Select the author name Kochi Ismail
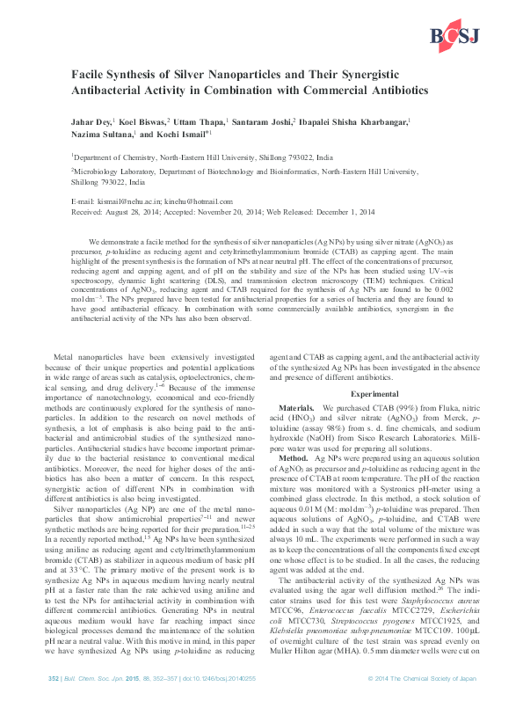tap(184, 136)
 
